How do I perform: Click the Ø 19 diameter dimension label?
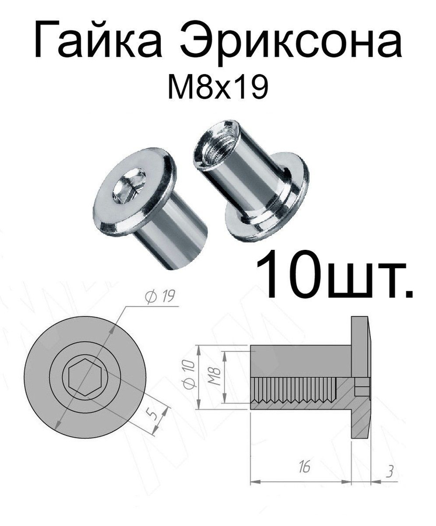click(158, 298)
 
